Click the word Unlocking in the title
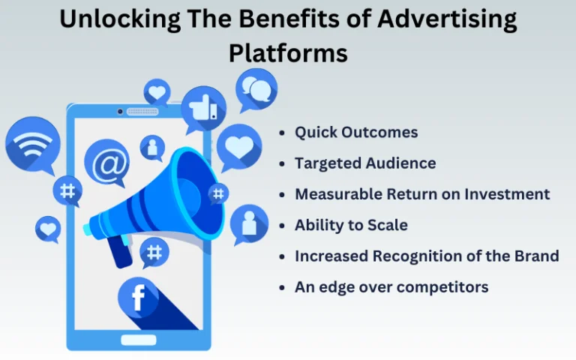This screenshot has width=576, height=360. pos(120,19)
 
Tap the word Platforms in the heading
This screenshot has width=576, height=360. pos(288,53)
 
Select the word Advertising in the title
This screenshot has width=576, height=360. pos(447,19)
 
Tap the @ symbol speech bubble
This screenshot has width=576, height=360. pos(107,163)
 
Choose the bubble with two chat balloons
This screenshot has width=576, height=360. pos(256,90)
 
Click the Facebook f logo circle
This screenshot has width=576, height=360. pos(138,298)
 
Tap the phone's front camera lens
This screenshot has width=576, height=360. pos(120,111)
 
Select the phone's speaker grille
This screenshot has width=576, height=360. pos(142,111)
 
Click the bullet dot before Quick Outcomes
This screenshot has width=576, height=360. pos(282,133)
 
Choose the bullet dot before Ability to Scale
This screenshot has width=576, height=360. pos(282,226)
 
